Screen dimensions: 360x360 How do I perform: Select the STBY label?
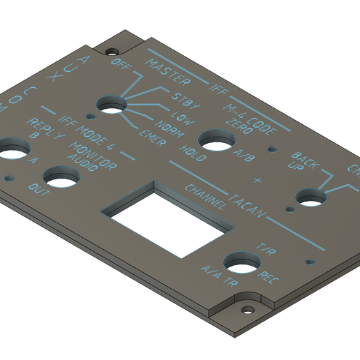[184, 102]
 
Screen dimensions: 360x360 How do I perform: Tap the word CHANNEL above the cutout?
[205, 197]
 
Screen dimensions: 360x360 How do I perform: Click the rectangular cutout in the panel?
[168, 216]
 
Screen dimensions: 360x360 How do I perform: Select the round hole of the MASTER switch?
[112, 105]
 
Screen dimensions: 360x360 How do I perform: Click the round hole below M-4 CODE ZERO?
[215, 140]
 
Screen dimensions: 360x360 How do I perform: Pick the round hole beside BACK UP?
[312, 197]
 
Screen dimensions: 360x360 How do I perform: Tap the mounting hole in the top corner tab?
[111, 50]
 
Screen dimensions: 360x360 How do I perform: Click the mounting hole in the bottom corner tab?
[246, 309]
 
